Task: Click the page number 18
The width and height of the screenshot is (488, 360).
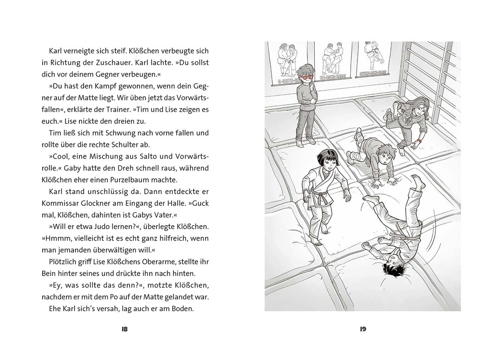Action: coord(125,329)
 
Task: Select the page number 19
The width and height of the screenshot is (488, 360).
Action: coord(363,329)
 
